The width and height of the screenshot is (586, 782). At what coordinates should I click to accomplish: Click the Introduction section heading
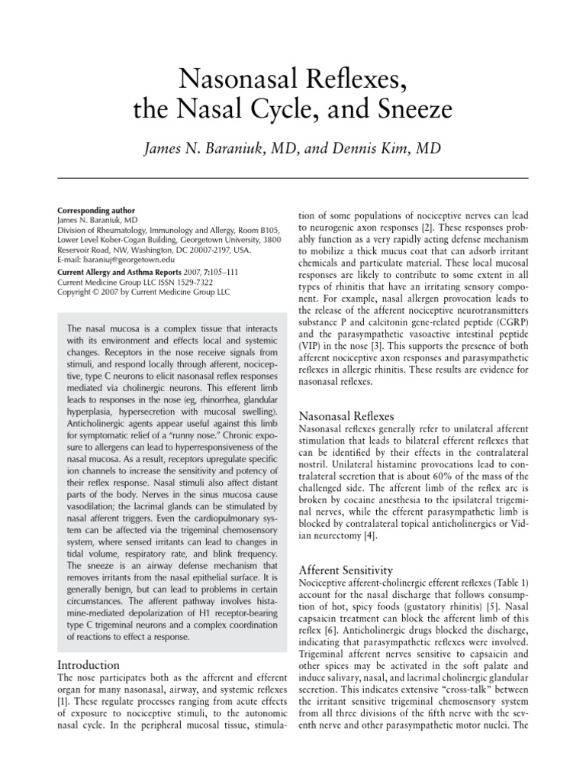89,664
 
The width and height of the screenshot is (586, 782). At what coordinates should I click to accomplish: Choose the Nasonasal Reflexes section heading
346,416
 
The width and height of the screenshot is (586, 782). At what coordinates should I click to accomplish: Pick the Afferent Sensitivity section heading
345,570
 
